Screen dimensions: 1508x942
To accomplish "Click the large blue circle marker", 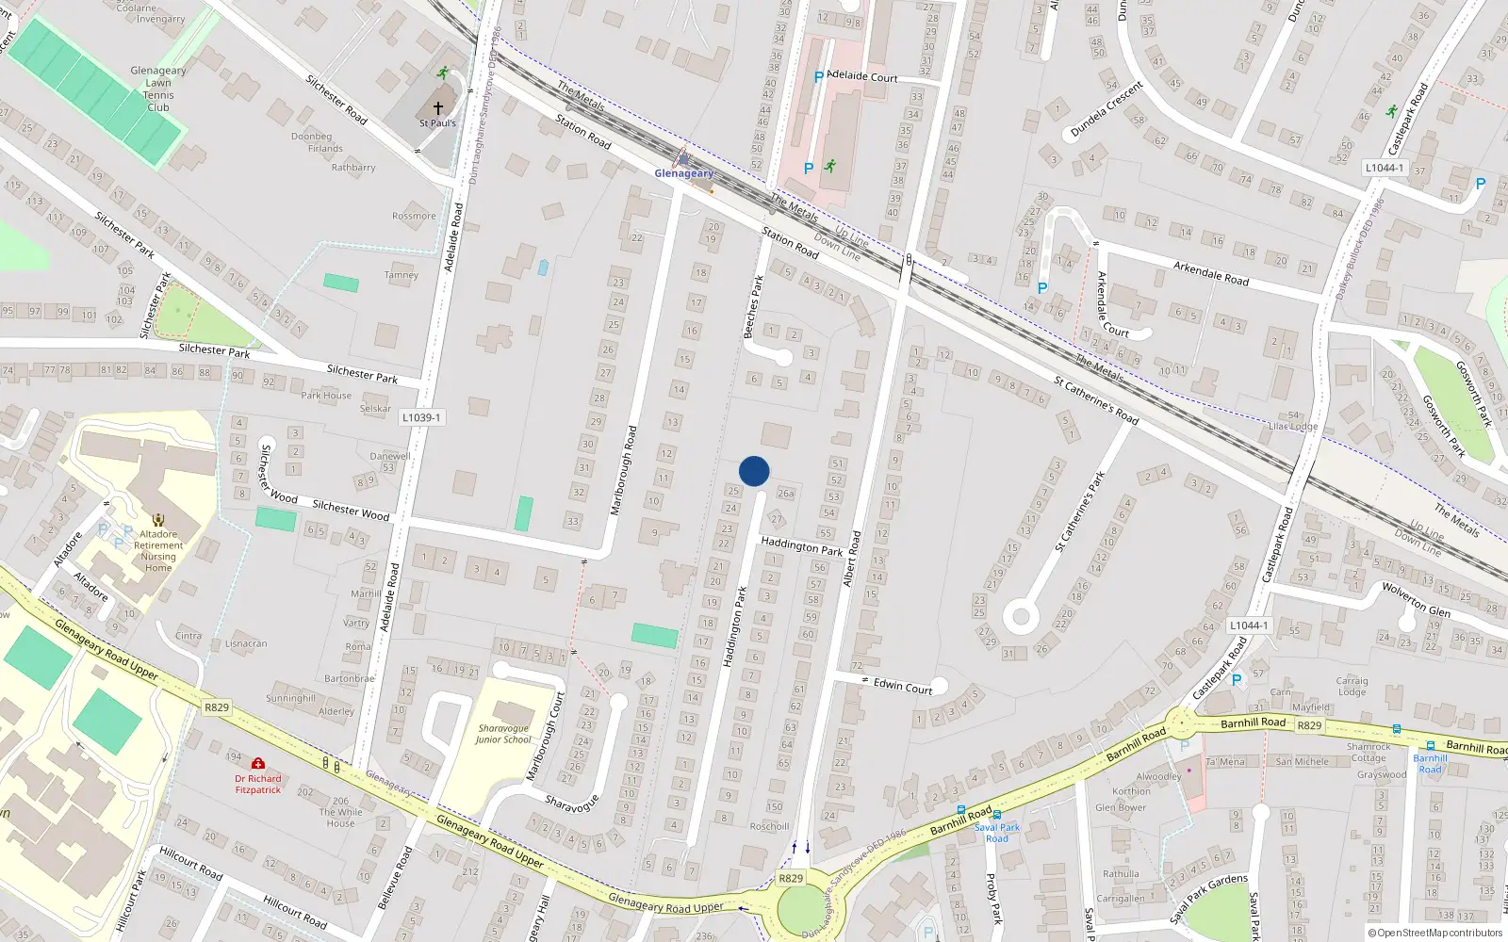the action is pos(754,471).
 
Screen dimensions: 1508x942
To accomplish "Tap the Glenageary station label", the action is pos(684,173).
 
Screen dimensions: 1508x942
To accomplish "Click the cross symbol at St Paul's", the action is pos(437,108).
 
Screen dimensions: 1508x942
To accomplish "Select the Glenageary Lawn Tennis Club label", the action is pos(158,89).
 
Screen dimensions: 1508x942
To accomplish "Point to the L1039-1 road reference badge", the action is pos(420,417).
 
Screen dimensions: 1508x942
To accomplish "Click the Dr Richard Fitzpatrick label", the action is pos(258,784).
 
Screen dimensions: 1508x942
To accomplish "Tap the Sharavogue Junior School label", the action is pos(503,734).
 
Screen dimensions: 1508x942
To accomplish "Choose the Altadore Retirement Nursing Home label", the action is pos(158,551).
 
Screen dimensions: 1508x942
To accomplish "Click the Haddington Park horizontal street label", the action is pos(801,545).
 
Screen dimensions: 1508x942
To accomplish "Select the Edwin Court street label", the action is pos(902,687).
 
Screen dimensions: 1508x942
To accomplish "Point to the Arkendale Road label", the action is pos(1210,273).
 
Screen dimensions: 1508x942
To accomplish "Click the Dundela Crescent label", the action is pos(1106,109).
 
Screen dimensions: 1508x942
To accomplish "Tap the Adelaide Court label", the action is pos(861,76).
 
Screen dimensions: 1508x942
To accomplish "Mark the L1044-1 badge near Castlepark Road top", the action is pos(1384,168).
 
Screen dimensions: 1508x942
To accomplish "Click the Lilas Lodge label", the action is pos(1293,427).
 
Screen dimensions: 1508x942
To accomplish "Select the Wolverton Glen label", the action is pos(1416,598).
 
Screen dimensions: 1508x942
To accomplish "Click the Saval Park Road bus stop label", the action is pos(997,833).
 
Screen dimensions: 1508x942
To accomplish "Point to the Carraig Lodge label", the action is pos(1352,686).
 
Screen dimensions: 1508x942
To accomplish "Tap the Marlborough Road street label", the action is pos(624,470).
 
